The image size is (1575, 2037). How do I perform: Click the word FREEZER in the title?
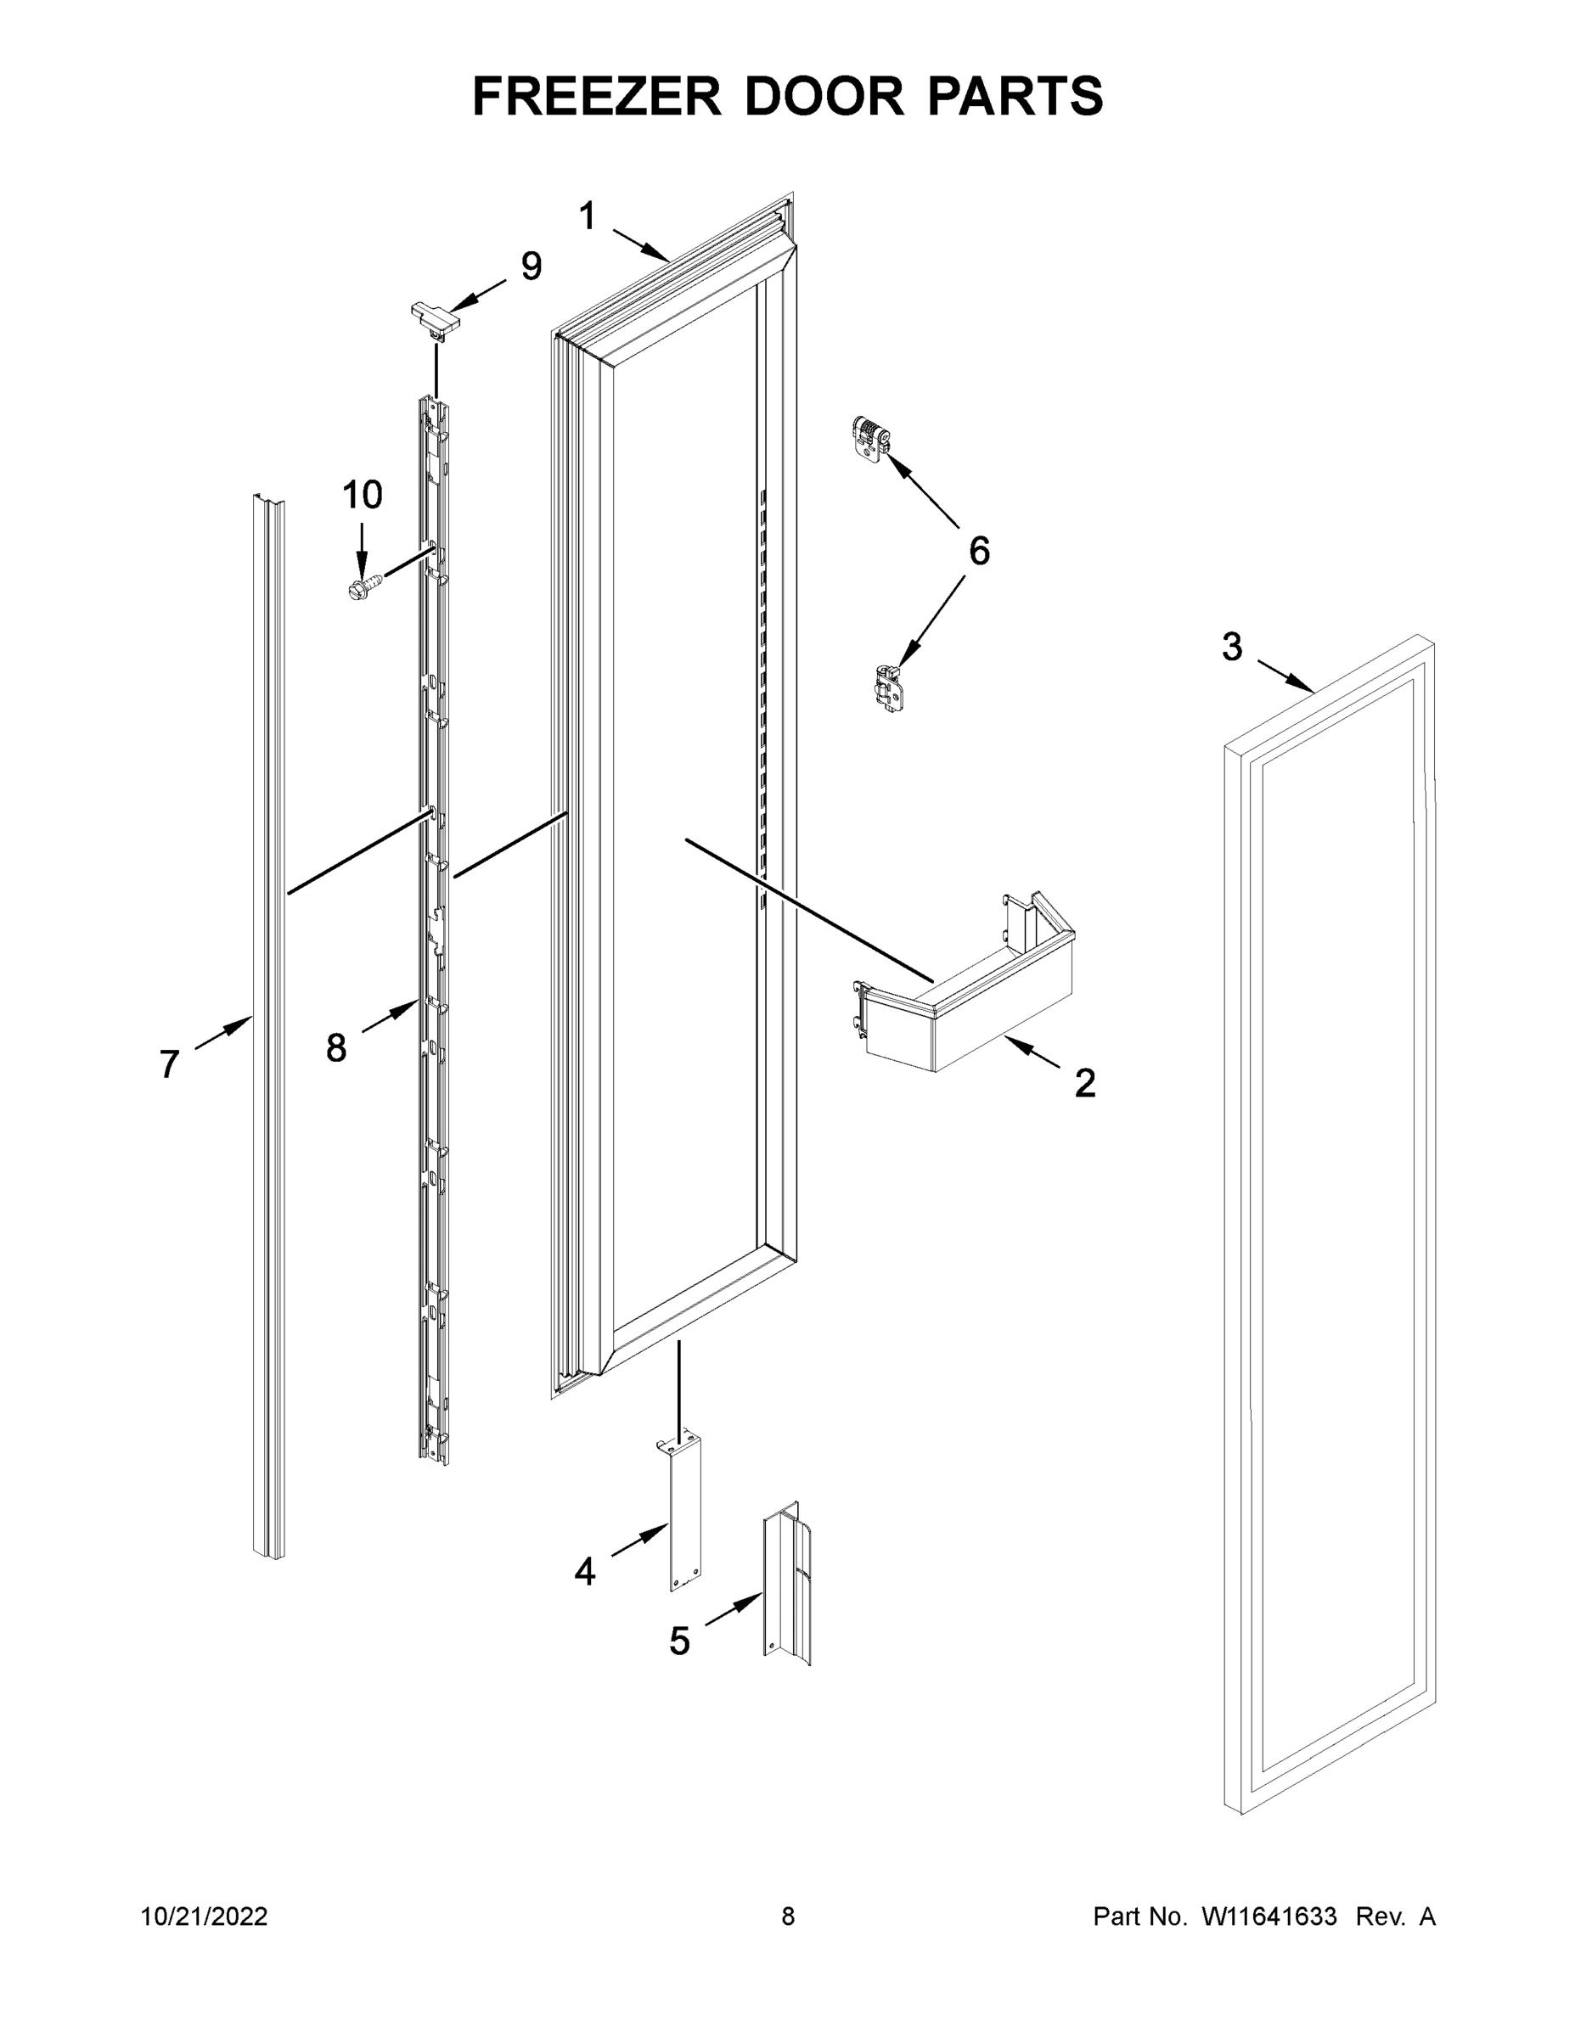coord(596,96)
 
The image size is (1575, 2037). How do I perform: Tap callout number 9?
coord(531,267)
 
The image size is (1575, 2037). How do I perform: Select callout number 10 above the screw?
coord(362,494)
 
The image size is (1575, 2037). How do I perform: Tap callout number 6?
coord(979,551)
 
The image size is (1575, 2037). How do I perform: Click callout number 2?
coord(1084,1084)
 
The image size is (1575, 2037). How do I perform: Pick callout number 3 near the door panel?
coord(1233,647)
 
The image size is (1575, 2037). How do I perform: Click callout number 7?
coord(169,1064)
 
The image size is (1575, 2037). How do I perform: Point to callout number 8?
coord(336,1048)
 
